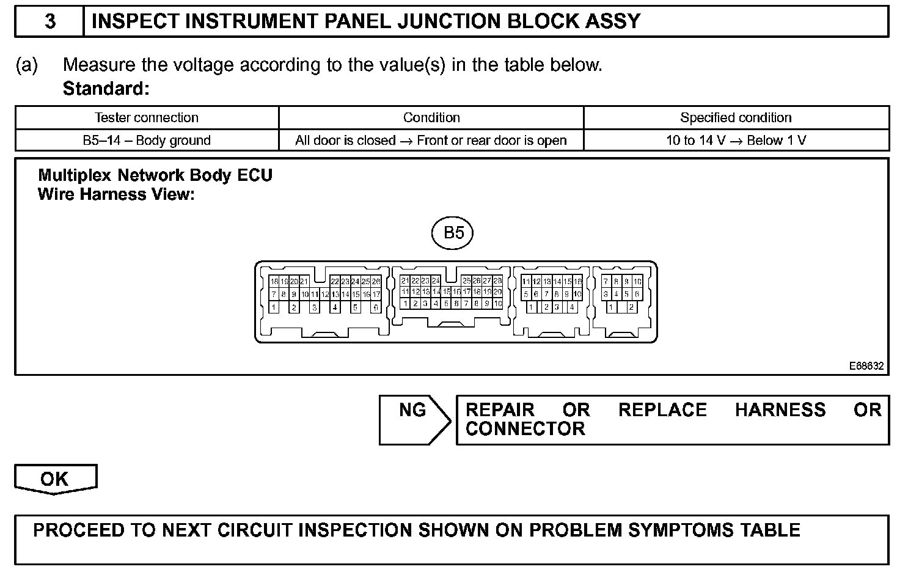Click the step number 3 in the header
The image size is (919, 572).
pyautogui.click(x=50, y=21)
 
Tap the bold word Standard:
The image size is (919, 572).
pyautogui.click(x=106, y=89)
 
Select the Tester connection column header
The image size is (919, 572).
pyautogui.click(x=147, y=117)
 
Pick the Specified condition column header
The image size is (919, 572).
pyautogui.click(x=736, y=117)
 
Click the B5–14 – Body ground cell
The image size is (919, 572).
pyautogui.click(x=147, y=140)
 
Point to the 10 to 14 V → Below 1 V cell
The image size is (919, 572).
pyautogui.click(x=736, y=140)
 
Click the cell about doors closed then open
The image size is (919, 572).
pyautogui.click(x=431, y=140)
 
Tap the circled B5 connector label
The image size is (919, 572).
pyautogui.click(x=453, y=233)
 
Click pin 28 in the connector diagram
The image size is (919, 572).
pyautogui.click(x=498, y=280)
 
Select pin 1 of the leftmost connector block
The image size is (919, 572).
pyautogui.click(x=274, y=307)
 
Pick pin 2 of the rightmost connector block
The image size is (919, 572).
pyautogui.click(x=631, y=307)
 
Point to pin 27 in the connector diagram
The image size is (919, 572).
pyautogui.click(x=488, y=280)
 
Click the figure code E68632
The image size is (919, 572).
pyautogui.click(x=866, y=365)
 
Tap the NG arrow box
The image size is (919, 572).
pyautogui.click(x=414, y=419)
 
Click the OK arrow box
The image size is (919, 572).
pyautogui.click(x=55, y=479)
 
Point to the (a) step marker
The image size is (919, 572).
pyautogui.click(x=26, y=65)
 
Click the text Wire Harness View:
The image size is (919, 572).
pyautogui.click(x=116, y=194)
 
